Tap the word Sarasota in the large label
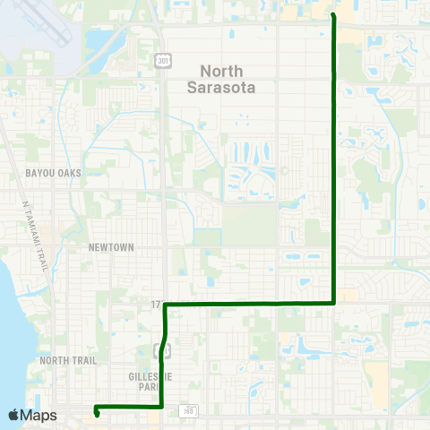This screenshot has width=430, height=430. click(222, 88)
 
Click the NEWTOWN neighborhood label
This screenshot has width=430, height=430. click(111, 246)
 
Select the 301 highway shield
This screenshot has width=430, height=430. click(162, 60)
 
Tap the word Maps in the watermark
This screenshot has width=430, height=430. click(40, 415)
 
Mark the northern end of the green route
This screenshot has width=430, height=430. click(334, 15)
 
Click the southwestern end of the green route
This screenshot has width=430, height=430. click(96, 415)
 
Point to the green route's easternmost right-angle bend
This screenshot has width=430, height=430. click(335, 303)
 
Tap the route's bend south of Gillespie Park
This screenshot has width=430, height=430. click(160, 407)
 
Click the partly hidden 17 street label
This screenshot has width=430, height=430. click(157, 305)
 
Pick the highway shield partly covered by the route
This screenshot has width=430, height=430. click(162, 349)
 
